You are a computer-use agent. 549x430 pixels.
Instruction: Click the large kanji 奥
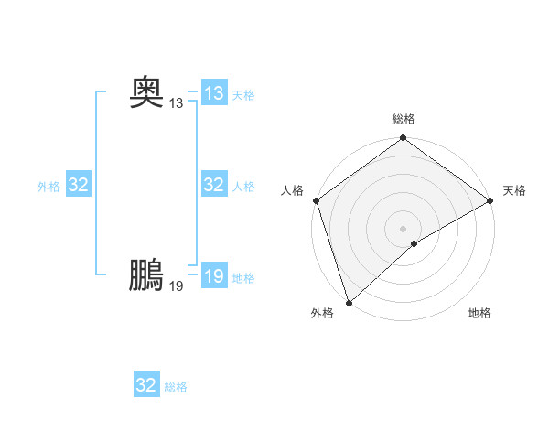click(x=147, y=91)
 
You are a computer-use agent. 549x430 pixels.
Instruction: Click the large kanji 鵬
click(x=147, y=274)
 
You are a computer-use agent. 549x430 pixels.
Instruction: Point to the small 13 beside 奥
click(x=176, y=103)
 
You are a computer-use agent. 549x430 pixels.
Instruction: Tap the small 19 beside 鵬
click(x=176, y=286)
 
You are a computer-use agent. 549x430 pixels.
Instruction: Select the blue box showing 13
click(x=214, y=92)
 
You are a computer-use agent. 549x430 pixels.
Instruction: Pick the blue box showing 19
click(x=214, y=275)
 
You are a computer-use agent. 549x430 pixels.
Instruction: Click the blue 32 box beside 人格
click(x=214, y=185)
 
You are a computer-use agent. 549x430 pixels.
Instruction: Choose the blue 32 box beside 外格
click(x=79, y=185)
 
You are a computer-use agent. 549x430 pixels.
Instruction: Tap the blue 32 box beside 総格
click(x=146, y=385)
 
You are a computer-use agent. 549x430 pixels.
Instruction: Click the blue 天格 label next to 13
click(x=243, y=95)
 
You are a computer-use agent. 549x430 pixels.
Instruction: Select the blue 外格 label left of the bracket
click(x=48, y=187)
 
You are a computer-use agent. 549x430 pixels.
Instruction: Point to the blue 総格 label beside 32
click(x=176, y=387)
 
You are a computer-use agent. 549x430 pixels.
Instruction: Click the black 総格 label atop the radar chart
click(x=404, y=119)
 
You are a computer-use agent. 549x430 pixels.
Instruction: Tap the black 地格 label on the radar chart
click(x=479, y=314)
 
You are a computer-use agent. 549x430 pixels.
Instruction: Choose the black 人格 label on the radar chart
click(x=293, y=190)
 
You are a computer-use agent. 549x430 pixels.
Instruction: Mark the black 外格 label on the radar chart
click(x=322, y=314)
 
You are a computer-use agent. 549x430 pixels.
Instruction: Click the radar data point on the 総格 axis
click(x=404, y=139)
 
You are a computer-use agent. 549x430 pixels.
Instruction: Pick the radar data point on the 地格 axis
click(x=414, y=243)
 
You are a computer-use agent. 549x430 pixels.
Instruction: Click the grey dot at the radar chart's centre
click(x=404, y=228)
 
